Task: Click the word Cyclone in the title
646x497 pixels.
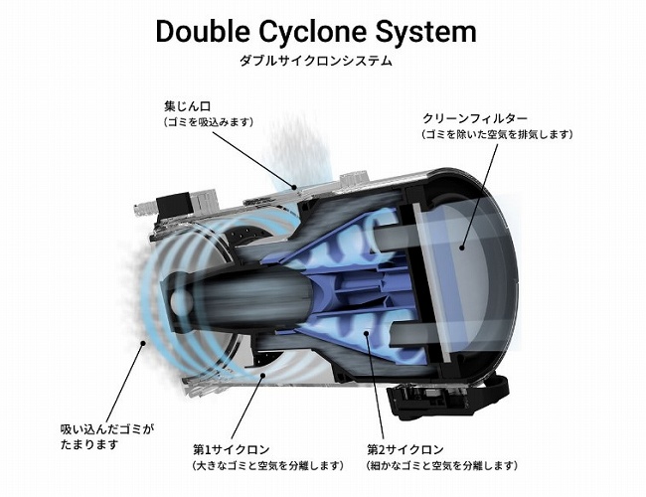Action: point(324,32)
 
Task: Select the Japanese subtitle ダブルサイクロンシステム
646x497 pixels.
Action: point(316,61)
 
